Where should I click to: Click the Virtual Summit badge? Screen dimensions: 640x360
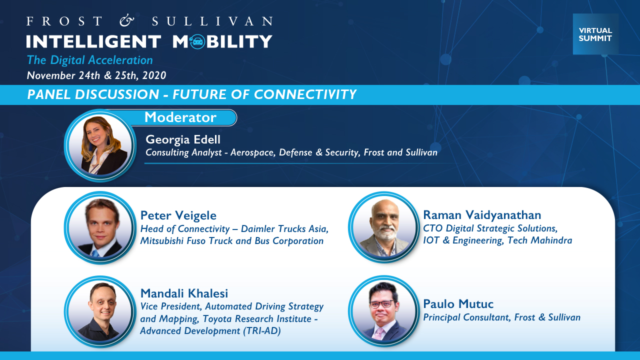point(595,34)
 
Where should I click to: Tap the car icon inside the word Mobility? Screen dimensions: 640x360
point(197,41)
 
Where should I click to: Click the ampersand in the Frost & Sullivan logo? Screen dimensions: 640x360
point(126,21)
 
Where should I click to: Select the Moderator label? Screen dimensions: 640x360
point(180,117)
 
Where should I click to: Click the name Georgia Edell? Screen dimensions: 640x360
point(183,139)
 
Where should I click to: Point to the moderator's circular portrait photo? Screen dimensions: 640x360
point(100,145)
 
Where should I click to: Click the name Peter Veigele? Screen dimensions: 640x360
point(178,215)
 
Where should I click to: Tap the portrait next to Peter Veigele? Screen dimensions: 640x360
point(100,227)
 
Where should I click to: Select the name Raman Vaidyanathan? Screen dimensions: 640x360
point(482,215)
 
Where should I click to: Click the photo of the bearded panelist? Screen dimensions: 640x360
point(384,227)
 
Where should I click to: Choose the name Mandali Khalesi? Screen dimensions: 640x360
point(184,293)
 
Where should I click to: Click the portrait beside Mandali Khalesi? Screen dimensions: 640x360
point(100,311)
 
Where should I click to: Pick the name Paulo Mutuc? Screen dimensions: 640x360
point(458,304)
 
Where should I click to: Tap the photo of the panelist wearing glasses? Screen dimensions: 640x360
point(384,311)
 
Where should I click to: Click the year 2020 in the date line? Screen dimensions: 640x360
point(154,75)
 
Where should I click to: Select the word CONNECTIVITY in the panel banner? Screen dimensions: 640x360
point(305,94)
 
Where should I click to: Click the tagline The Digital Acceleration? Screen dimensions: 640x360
point(89,60)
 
